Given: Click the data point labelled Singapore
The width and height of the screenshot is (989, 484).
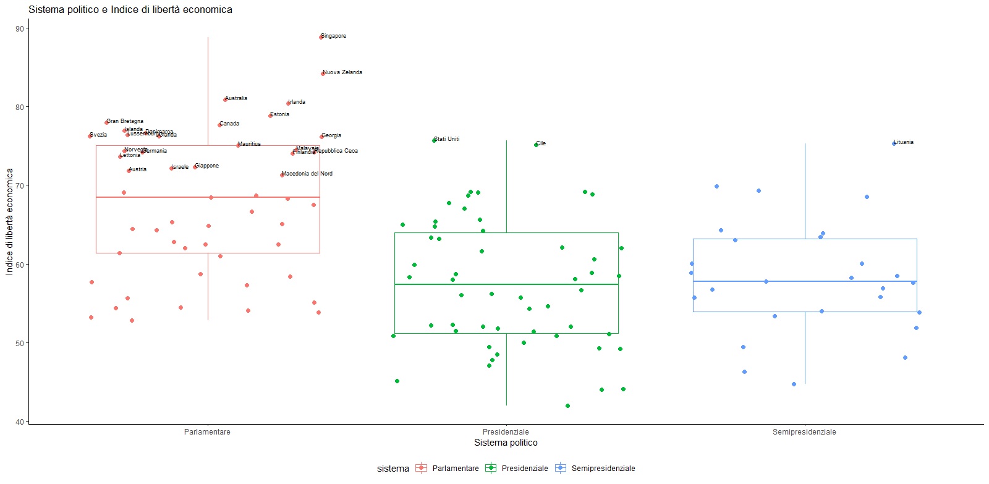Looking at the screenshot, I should (321, 37).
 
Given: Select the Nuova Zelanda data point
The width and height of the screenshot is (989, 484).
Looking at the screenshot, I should (323, 74).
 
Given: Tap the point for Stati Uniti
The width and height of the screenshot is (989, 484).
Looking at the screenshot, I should (434, 140).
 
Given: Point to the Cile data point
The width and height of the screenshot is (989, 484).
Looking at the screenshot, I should (536, 145).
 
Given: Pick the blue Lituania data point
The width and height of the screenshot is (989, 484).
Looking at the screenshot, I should (894, 143).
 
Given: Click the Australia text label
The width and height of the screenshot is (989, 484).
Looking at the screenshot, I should (236, 98).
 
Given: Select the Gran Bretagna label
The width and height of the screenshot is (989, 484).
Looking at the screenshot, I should (125, 121).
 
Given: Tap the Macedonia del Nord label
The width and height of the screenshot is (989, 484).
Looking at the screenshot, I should (307, 174).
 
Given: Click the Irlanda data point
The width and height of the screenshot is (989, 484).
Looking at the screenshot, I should (288, 103).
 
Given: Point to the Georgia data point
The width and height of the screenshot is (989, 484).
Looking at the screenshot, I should (321, 137).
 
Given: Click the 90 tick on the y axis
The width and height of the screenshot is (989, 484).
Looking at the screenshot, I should (20, 29).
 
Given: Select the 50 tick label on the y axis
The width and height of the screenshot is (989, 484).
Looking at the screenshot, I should (20, 344).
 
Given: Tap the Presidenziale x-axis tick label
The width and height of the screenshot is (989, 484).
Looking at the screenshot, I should (506, 432).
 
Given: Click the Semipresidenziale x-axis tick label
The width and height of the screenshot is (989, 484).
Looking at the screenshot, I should (804, 432).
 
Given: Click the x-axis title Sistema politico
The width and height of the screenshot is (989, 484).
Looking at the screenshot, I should (506, 443).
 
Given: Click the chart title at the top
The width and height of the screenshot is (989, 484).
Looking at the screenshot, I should (130, 10).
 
